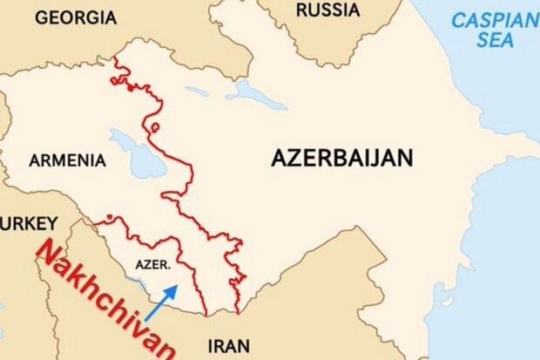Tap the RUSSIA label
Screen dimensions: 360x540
[x=327, y=10]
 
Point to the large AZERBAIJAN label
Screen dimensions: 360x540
[x=341, y=158]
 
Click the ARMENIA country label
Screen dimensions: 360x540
[x=67, y=160]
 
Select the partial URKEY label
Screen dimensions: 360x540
[x=29, y=222]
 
